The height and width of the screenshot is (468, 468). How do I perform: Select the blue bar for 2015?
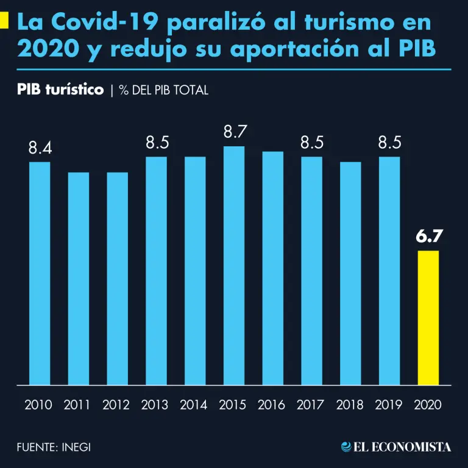click(x=234, y=266)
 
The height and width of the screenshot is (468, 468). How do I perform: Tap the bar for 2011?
click(x=78, y=278)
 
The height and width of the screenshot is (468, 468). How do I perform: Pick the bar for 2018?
click(x=350, y=273)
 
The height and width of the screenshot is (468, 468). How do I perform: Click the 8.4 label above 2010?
click(x=40, y=148)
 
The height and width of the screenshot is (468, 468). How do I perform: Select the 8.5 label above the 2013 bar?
click(x=157, y=143)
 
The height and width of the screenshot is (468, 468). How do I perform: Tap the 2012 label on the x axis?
click(x=116, y=405)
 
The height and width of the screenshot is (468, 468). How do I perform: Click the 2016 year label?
click(x=272, y=405)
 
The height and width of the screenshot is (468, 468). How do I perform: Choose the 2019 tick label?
click(x=389, y=405)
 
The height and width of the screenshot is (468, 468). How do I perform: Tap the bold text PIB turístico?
click(x=60, y=90)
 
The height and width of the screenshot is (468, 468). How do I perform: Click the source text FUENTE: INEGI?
click(x=54, y=447)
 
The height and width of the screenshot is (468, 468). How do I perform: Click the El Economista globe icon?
click(x=346, y=447)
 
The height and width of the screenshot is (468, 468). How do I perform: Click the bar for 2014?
click(x=195, y=271)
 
